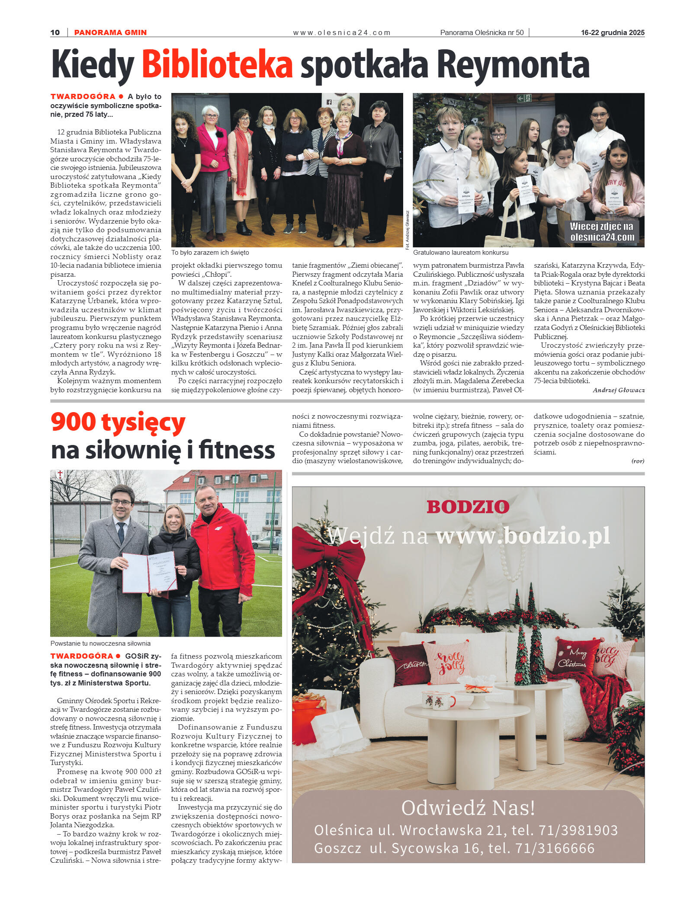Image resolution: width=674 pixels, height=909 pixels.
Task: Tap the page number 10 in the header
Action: click(x=55, y=32)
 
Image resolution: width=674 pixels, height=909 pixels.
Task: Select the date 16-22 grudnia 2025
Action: click(x=612, y=32)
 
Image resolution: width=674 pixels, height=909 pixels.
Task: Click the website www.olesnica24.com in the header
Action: click(x=341, y=32)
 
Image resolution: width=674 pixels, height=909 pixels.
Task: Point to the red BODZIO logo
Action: click(x=468, y=507)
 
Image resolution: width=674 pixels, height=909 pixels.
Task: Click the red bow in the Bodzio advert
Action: click(x=333, y=562)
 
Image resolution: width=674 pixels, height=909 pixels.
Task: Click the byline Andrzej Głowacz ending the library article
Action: click(x=618, y=390)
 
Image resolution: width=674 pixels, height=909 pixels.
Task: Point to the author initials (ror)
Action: click(x=638, y=461)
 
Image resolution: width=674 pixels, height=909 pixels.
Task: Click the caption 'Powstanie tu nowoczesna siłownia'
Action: click(x=100, y=643)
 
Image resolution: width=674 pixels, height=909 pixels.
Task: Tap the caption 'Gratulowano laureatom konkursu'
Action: click(x=461, y=253)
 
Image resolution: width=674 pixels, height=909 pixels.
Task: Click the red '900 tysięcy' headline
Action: click(x=118, y=422)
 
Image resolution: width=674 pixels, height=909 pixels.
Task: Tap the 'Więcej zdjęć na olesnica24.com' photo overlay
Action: click(x=602, y=232)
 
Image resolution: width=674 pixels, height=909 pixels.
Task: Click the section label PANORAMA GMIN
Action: click(x=110, y=32)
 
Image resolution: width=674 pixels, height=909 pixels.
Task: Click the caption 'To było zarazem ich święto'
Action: click(x=210, y=253)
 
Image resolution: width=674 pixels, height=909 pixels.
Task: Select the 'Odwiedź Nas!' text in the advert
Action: click(x=468, y=808)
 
